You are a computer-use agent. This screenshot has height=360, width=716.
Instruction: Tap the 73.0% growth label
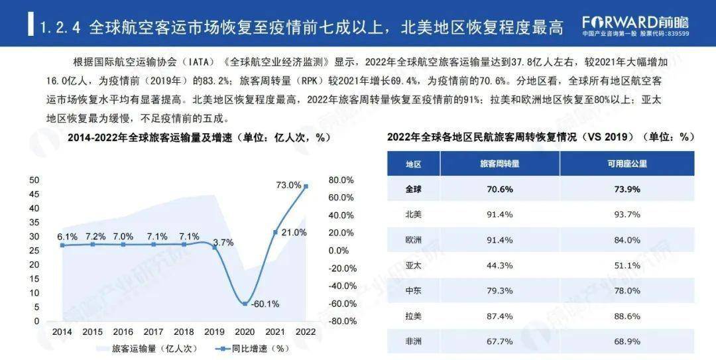coord(288,186)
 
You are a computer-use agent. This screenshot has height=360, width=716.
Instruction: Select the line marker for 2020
coord(245,304)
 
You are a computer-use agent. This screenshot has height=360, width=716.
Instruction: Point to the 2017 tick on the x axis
coord(154,331)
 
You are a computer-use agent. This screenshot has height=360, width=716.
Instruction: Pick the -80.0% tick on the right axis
coord(343,321)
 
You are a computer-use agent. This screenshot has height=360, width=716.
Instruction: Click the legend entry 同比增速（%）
coord(252,348)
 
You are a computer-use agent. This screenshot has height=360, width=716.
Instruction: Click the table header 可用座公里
coord(626,163)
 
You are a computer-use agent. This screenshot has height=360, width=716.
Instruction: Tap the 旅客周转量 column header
coord(499,163)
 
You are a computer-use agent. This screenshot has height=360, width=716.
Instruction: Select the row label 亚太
coord(413,265)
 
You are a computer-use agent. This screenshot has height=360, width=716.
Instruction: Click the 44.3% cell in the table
coord(499,265)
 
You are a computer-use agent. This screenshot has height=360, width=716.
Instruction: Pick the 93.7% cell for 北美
coord(626,214)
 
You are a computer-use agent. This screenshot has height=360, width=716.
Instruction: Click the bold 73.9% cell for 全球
coord(626,189)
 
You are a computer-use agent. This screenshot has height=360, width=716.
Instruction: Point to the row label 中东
coord(413,290)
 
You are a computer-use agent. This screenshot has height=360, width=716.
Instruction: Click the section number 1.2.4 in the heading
coord(60,29)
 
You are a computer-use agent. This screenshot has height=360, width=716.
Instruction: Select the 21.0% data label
coord(294,232)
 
